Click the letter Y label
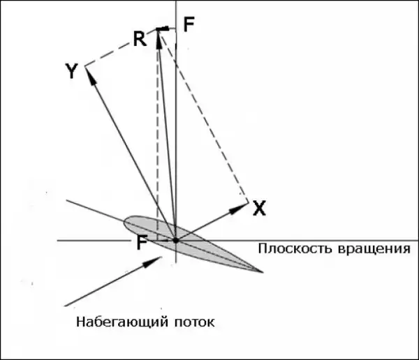(x=71, y=70)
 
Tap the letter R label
(x=140, y=38)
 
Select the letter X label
(x=259, y=207)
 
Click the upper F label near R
(x=189, y=24)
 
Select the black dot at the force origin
(x=175, y=240)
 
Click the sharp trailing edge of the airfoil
(x=261, y=271)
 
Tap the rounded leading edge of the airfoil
(x=126, y=222)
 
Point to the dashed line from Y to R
(x=121, y=47)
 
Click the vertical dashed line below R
(x=157, y=140)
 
